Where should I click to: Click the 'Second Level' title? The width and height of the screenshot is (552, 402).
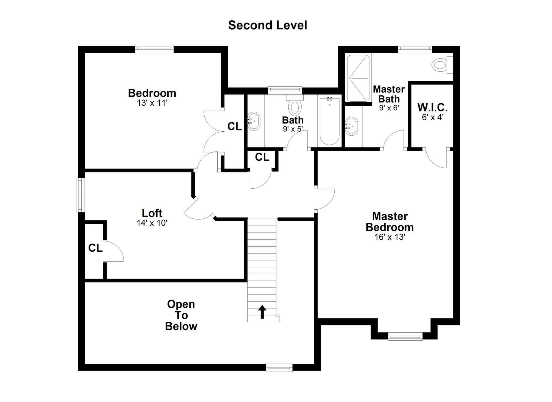click(x=268, y=25)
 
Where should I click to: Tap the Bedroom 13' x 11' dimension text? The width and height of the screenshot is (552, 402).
click(x=152, y=103)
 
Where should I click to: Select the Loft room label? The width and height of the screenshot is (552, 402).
click(x=152, y=213)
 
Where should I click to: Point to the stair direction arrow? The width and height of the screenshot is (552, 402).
click(x=262, y=312)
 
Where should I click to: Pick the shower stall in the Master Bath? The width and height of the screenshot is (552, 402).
click(x=358, y=78)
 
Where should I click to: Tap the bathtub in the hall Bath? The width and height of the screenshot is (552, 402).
click(x=329, y=121)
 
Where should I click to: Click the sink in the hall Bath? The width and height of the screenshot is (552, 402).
click(x=254, y=121)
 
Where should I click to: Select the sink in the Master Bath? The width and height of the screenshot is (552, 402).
click(x=351, y=126)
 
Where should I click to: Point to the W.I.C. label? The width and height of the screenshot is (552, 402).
click(x=432, y=107)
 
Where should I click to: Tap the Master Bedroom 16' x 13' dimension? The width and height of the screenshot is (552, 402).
click(x=390, y=237)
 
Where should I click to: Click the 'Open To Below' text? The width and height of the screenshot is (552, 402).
click(x=181, y=315)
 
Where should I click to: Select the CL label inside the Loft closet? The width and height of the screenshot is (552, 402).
click(x=95, y=248)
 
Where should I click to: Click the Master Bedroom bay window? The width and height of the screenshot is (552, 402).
click(x=405, y=336)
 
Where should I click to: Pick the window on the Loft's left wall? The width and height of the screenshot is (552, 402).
click(x=81, y=195)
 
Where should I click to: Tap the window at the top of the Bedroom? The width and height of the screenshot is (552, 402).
click(x=154, y=49)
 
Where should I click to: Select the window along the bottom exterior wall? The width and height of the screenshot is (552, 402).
click(x=279, y=368)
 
